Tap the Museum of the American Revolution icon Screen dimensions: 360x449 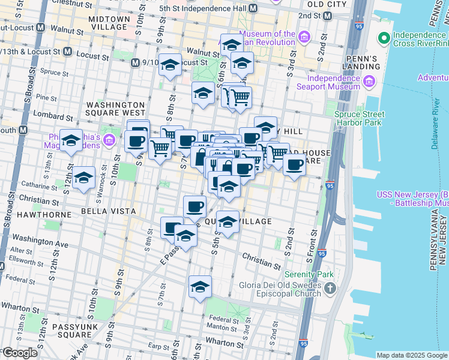(x=304, y=38)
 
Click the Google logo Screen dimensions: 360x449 (x=20, y=353)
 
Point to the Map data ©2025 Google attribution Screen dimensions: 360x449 (x=412, y=355)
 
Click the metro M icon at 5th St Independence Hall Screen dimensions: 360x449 (x=253, y=9)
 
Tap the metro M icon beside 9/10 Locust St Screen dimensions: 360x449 (x=136, y=62)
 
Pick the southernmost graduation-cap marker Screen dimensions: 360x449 (x=200, y=287)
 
